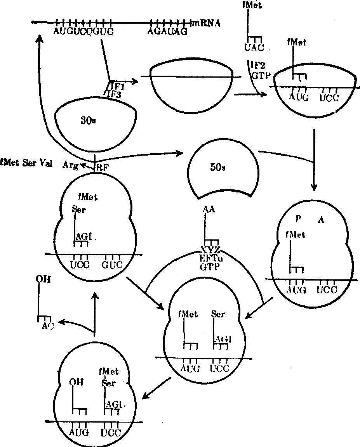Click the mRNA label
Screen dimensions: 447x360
[x=207, y=23]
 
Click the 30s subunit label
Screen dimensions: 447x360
[x=88, y=121]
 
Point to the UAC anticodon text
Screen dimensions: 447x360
[x=254, y=47]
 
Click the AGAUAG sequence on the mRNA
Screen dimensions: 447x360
[x=167, y=31]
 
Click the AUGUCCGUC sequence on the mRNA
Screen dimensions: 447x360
[x=83, y=31]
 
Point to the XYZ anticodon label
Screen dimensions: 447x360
[x=210, y=249]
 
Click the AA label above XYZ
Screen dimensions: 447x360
[x=209, y=210]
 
